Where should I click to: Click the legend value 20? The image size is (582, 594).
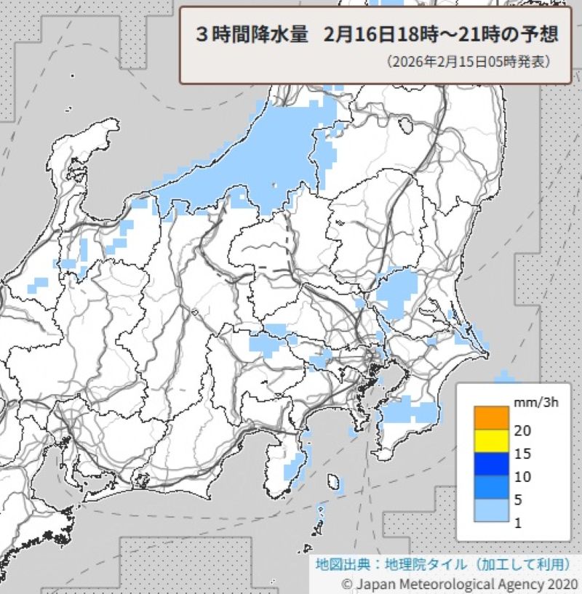[522, 430]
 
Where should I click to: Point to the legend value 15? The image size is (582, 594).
[522, 454]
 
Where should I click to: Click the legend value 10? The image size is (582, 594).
[522, 477]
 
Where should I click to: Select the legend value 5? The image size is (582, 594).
[518, 500]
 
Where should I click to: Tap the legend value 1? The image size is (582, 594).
[518, 523]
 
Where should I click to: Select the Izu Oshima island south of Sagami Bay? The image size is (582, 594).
[334, 482]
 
